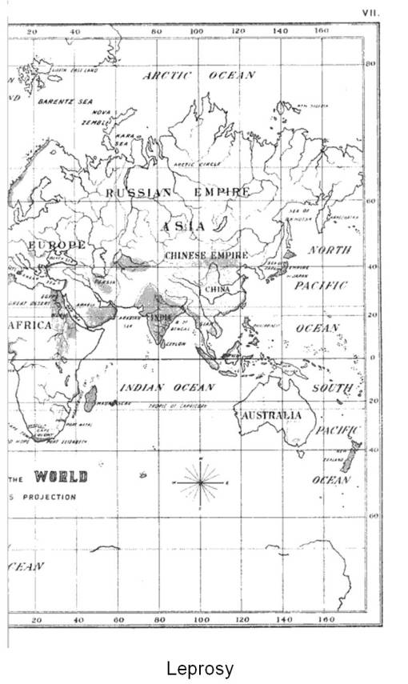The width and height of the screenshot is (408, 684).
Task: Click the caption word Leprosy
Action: (200, 668)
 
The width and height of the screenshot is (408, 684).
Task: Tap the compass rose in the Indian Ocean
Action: (200, 483)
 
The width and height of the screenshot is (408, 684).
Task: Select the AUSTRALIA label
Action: (269, 416)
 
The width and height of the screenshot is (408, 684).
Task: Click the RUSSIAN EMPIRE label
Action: (178, 193)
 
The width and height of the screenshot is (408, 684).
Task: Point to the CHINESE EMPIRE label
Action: (206, 255)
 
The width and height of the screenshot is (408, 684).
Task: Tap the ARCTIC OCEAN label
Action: (198, 75)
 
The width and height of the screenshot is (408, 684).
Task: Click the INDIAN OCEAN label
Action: (167, 387)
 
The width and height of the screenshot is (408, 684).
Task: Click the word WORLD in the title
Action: (61, 478)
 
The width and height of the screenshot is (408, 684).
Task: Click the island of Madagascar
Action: (90, 398)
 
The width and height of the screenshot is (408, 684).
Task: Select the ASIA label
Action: (184, 226)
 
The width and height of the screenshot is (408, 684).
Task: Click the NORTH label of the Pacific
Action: (330, 250)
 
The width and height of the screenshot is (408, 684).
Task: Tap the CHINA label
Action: (217, 289)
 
